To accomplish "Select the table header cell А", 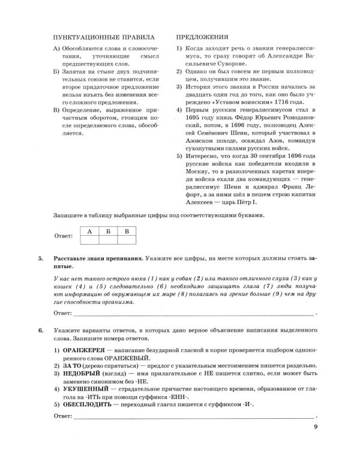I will click(89, 231).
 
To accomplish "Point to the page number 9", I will click(316, 428).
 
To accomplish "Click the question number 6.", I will click(40, 331).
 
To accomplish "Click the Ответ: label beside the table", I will click(64, 237).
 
